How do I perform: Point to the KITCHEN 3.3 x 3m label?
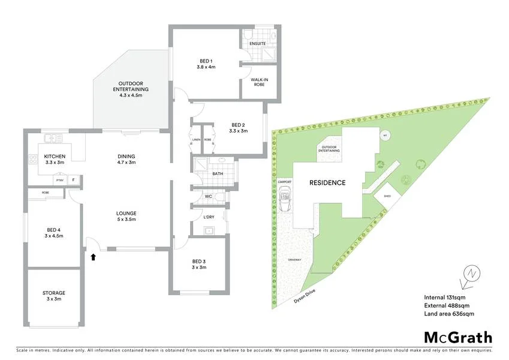[55, 159]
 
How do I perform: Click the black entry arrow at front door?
[93, 257]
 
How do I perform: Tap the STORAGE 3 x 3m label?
[54, 296]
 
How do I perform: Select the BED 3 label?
[198, 264]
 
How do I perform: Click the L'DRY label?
[209, 217]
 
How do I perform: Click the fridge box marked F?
[74, 179]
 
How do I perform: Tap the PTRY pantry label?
[59, 180]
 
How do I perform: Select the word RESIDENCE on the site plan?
[327, 183]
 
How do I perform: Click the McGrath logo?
[458, 337]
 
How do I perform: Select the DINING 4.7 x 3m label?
[126, 159]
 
